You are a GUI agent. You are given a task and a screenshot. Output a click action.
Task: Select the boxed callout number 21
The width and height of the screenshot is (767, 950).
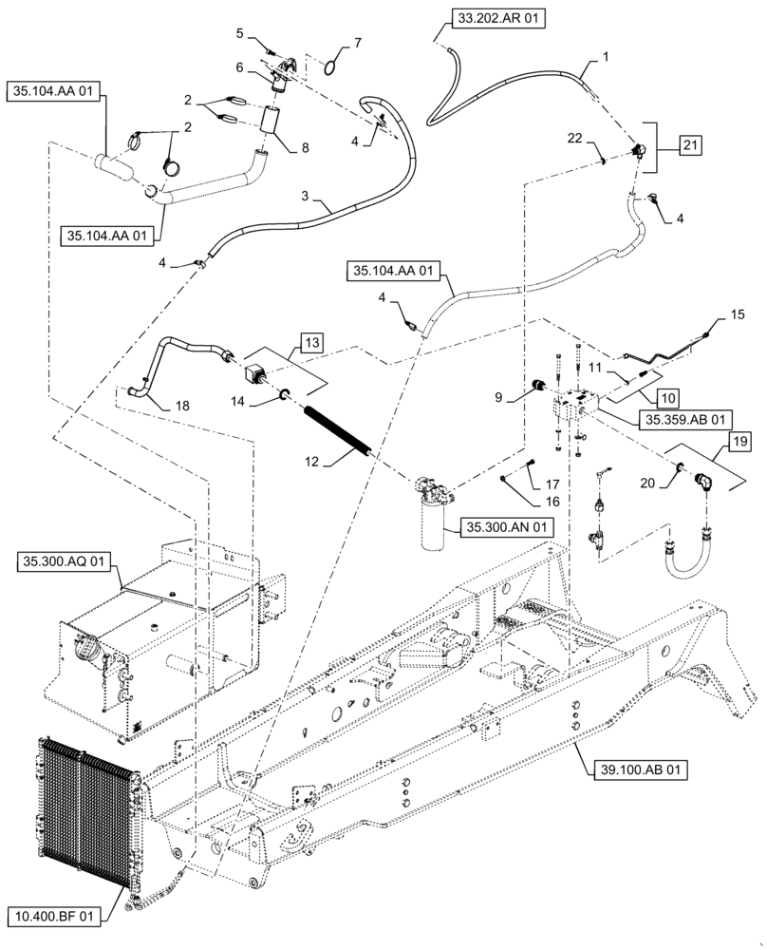pos(691,144)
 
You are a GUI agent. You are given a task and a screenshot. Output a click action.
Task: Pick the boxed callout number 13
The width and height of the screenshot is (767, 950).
pos(313,340)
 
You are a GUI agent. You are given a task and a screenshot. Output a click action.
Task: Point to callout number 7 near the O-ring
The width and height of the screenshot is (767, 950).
pos(357,43)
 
